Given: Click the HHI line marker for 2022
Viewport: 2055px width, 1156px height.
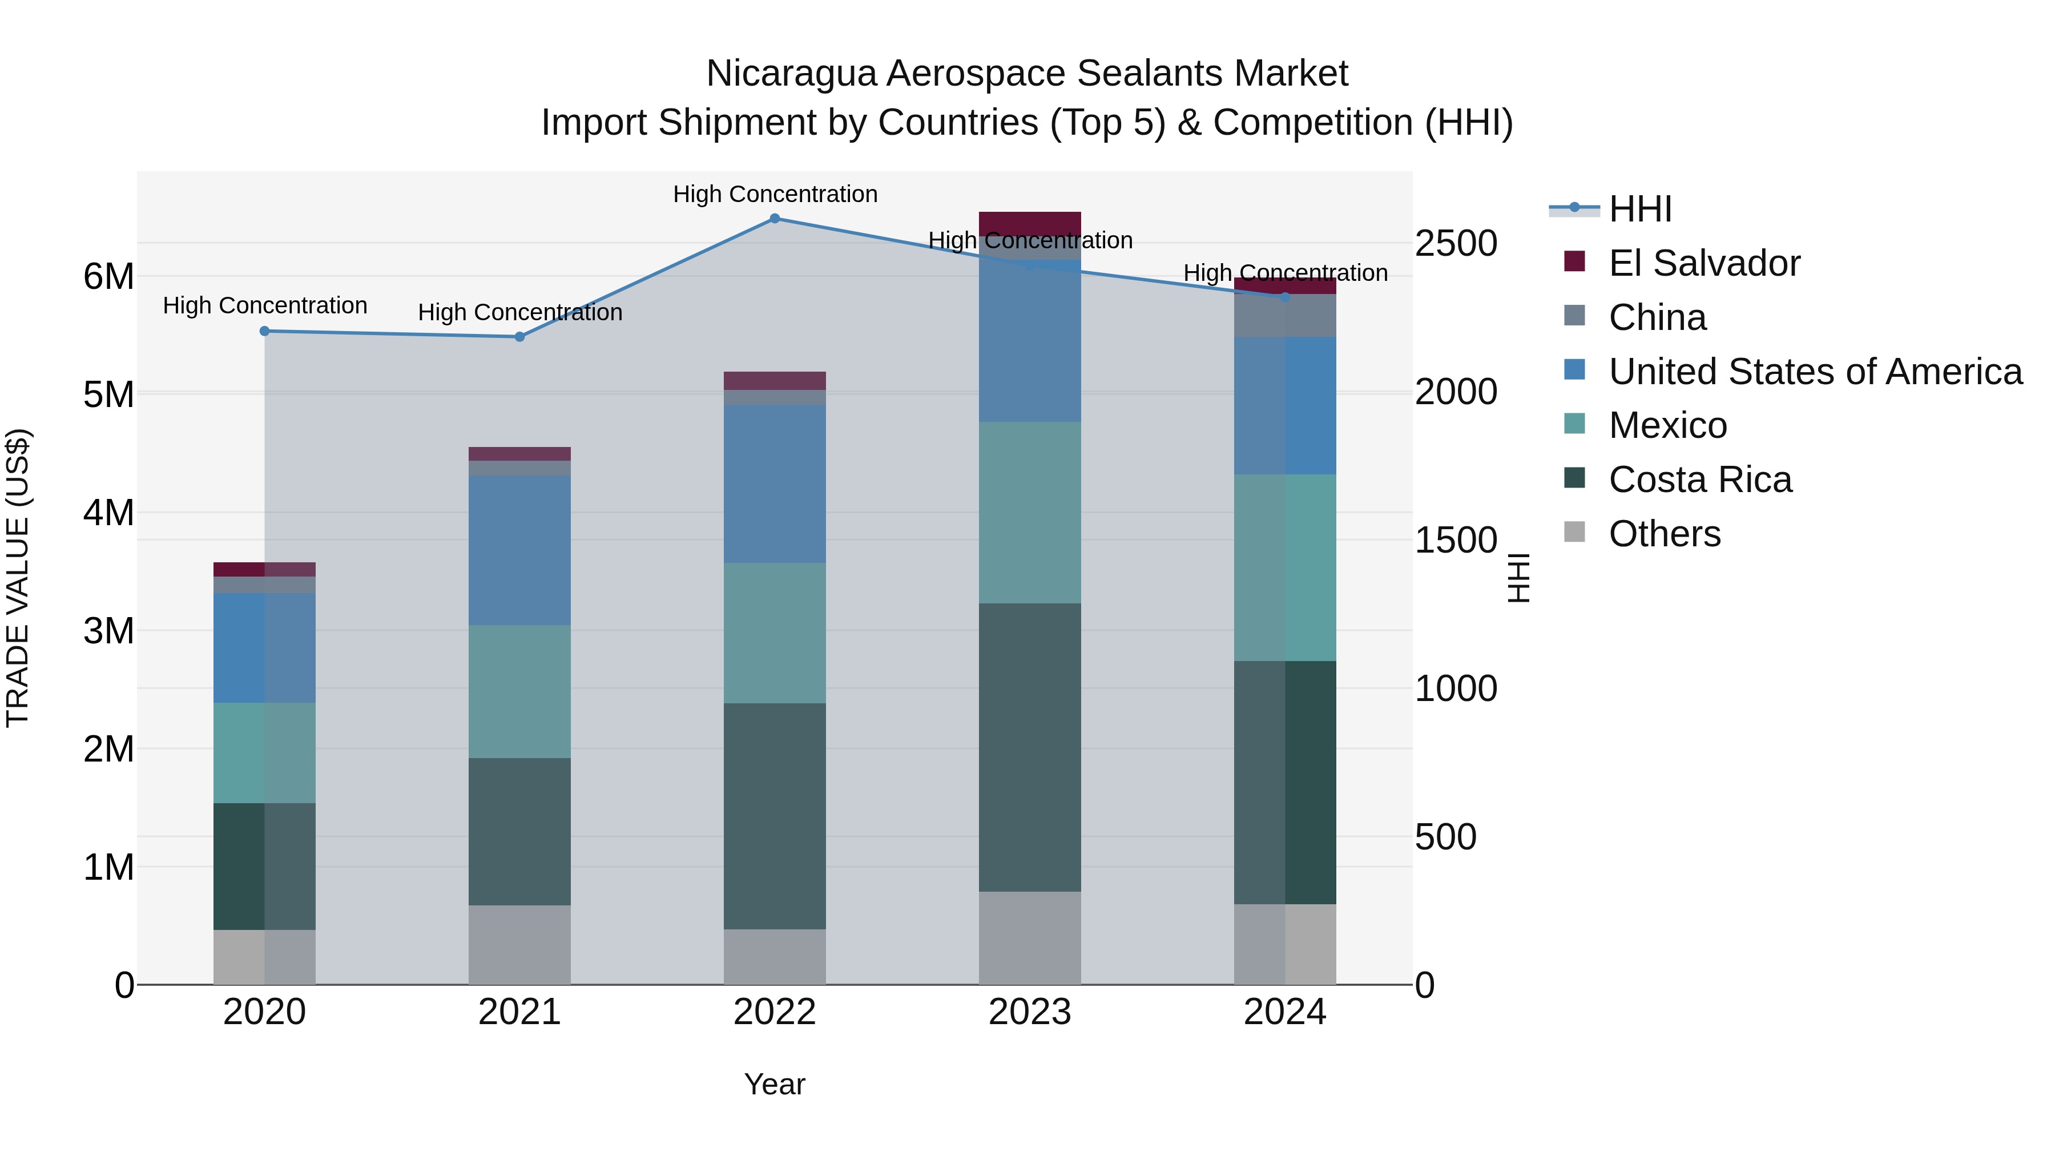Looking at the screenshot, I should point(775,219).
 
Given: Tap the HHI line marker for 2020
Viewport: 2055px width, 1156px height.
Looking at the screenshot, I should point(265,331).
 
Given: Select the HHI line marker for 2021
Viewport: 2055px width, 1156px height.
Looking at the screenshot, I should point(519,337).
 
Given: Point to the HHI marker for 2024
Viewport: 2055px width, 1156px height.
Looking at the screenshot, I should point(1284,297).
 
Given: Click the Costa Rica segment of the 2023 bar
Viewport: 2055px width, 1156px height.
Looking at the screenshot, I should point(1029,747).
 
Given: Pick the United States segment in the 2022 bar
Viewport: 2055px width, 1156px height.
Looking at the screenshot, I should point(775,484).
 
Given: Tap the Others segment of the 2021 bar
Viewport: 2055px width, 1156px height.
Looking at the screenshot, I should point(519,945).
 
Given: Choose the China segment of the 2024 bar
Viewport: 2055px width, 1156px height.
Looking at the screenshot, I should point(1284,315).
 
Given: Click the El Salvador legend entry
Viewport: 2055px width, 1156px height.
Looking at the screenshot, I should point(1704,263).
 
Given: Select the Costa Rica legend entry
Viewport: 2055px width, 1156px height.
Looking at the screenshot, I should point(1700,480).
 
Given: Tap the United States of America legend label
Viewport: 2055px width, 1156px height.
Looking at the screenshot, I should point(1815,372).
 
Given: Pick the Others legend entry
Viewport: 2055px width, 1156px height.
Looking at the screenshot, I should point(1664,534).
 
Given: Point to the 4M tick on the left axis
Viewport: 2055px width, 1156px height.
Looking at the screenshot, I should point(108,512).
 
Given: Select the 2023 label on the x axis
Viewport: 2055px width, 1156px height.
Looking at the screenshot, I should point(1029,1012).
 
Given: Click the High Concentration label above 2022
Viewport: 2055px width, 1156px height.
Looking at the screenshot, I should point(775,194).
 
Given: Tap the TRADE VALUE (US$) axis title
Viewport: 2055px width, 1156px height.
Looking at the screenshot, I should point(18,578).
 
